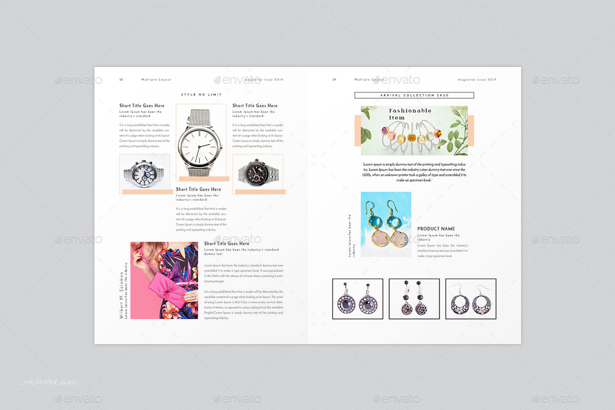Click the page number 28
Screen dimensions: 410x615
tap(121, 80)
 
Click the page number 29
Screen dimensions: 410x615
tap(334, 80)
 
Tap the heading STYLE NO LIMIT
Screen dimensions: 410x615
tap(201, 95)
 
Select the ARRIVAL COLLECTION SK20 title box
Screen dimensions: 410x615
tap(414, 95)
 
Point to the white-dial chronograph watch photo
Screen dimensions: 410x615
tap(144, 173)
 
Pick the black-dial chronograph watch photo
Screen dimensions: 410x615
tap(258, 173)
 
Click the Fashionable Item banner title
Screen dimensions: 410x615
tap(410, 114)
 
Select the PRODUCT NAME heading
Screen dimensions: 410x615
tap(436, 229)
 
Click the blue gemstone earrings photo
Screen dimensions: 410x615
tap(386, 225)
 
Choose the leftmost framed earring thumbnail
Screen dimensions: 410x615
tap(357, 299)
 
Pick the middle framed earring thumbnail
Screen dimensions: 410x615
tap(414, 299)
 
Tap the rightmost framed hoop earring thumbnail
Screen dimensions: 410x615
tap(471, 299)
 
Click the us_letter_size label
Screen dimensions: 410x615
tap(50, 382)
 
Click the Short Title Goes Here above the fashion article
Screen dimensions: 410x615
tap(226, 244)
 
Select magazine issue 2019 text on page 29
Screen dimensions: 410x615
tap(477, 80)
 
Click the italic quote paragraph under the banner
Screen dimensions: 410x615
tap(414, 172)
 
